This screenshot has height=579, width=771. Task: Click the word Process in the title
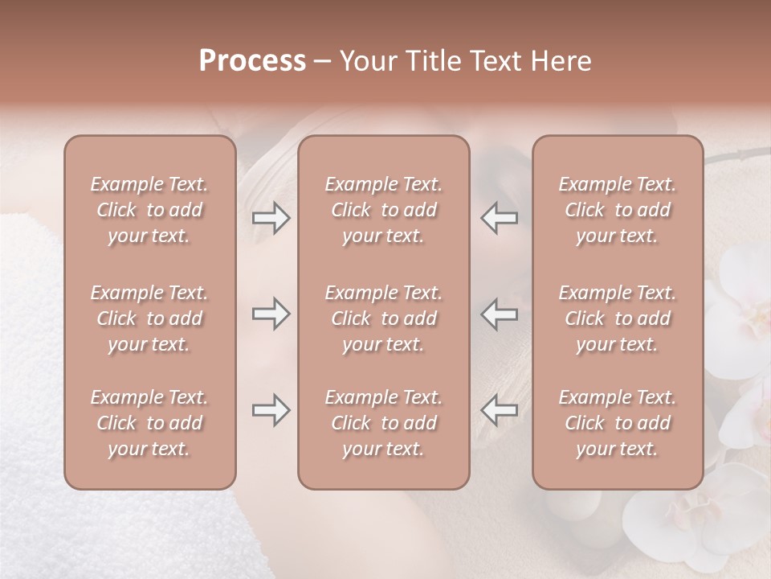(252, 61)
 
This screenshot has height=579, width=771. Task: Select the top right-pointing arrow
(271, 218)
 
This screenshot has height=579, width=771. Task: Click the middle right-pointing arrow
(271, 314)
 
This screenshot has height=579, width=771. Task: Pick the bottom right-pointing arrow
(271, 410)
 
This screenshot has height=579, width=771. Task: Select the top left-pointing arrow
(499, 218)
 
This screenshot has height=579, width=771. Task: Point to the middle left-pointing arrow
(499, 314)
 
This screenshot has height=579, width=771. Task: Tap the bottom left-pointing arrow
(499, 410)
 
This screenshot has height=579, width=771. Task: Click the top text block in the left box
(149, 210)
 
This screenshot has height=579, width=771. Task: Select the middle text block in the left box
(149, 318)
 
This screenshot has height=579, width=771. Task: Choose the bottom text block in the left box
(149, 423)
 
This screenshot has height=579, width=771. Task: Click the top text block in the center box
(383, 210)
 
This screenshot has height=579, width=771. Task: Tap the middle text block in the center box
(383, 318)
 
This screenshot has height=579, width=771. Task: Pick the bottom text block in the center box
(383, 423)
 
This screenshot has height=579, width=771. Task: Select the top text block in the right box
(617, 210)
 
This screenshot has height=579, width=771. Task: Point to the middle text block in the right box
(617, 318)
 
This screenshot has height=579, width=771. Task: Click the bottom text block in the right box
(617, 423)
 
